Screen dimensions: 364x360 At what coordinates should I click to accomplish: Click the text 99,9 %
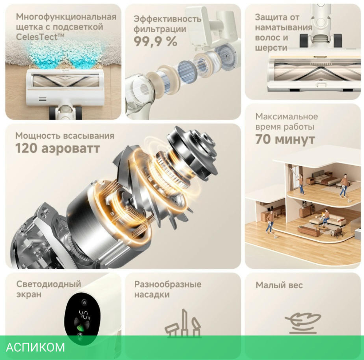155,41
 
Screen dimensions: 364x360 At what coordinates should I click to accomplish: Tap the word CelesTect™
40,37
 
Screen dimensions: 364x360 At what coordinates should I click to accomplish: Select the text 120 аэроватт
58,148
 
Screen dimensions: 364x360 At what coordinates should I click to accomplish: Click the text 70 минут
285,139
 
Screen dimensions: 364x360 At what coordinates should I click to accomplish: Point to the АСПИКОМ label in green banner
35,347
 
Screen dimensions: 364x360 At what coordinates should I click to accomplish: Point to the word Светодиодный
49,284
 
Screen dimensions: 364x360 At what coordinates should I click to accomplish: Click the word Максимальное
287,116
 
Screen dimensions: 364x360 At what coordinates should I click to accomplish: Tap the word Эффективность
167,19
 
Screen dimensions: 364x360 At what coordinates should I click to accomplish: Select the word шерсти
271,48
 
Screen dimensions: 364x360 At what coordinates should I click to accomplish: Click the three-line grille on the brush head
43,99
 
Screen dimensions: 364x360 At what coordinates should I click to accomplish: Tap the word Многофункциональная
66,17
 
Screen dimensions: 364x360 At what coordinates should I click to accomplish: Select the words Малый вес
279,285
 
